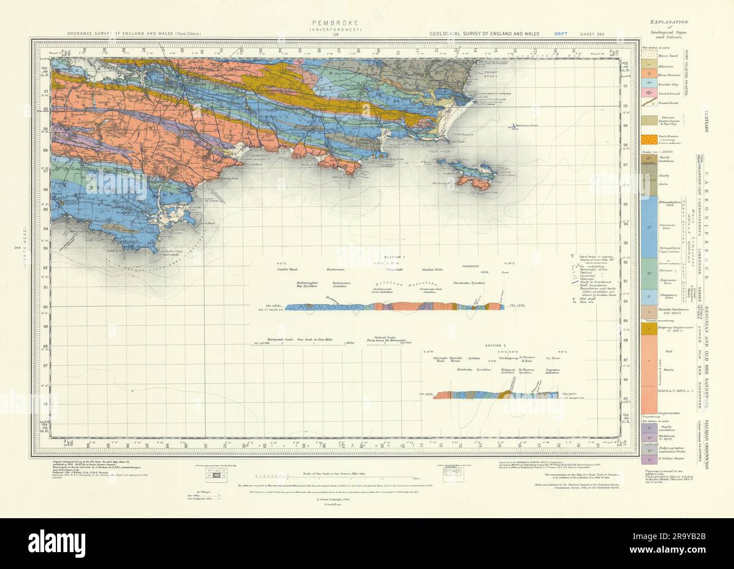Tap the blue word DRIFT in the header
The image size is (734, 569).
coord(561,34)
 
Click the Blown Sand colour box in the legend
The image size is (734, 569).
coord(649,56)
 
